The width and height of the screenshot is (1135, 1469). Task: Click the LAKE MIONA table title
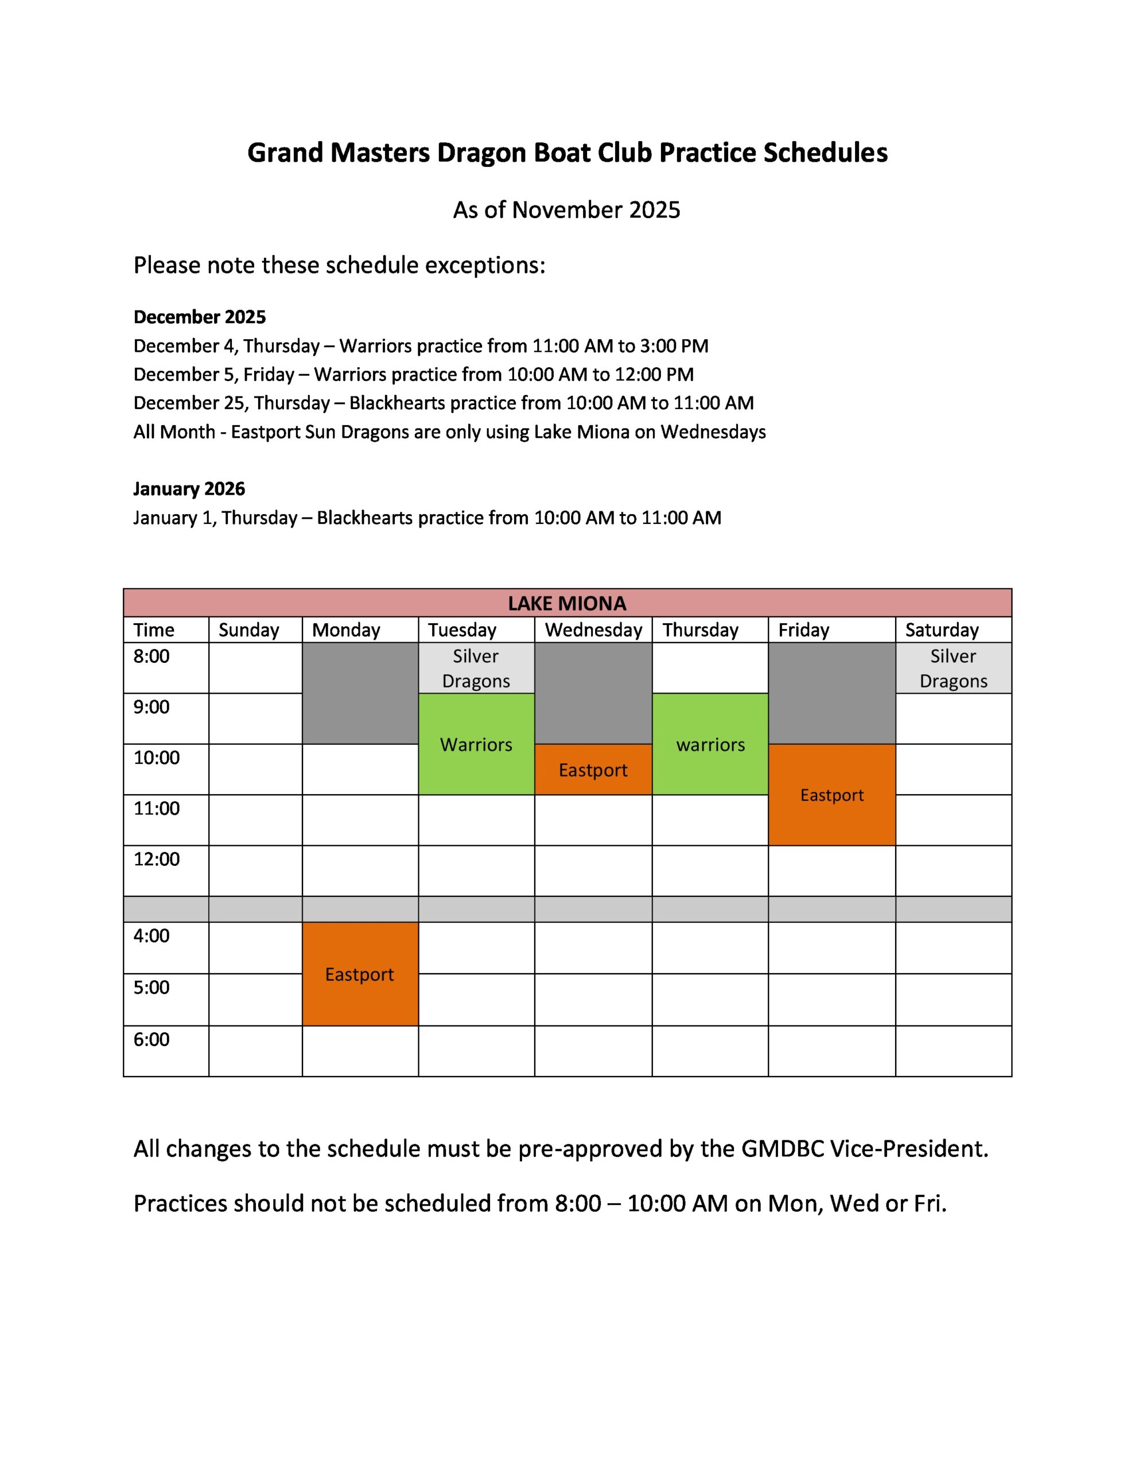click(x=566, y=603)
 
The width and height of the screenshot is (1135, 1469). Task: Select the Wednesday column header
click(x=593, y=630)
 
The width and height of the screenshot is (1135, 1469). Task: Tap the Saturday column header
click(x=941, y=630)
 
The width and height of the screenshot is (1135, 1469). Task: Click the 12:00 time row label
click(x=157, y=860)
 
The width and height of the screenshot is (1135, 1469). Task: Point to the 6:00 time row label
click(x=151, y=1040)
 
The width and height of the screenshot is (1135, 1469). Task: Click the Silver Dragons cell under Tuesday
click(x=476, y=668)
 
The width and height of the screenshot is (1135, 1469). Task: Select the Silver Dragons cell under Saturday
click(x=953, y=668)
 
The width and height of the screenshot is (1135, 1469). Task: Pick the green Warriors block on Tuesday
click(x=476, y=745)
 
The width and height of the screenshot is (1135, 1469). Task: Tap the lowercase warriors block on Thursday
click(x=710, y=745)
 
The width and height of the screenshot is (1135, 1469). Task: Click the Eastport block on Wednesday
click(x=593, y=770)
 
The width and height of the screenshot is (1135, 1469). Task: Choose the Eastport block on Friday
click(x=831, y=795)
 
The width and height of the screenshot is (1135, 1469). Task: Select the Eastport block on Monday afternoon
click(x=359, y=974)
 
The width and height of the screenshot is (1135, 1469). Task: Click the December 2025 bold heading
click(x=200, y=317)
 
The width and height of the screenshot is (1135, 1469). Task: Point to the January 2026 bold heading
click(x=189, y=489)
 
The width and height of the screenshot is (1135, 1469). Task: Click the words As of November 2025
click(x=566, y=210)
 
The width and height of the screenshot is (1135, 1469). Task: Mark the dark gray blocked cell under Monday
click(x=360, y=693)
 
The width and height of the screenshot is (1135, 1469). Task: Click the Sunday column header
click(x=248, y=630)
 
